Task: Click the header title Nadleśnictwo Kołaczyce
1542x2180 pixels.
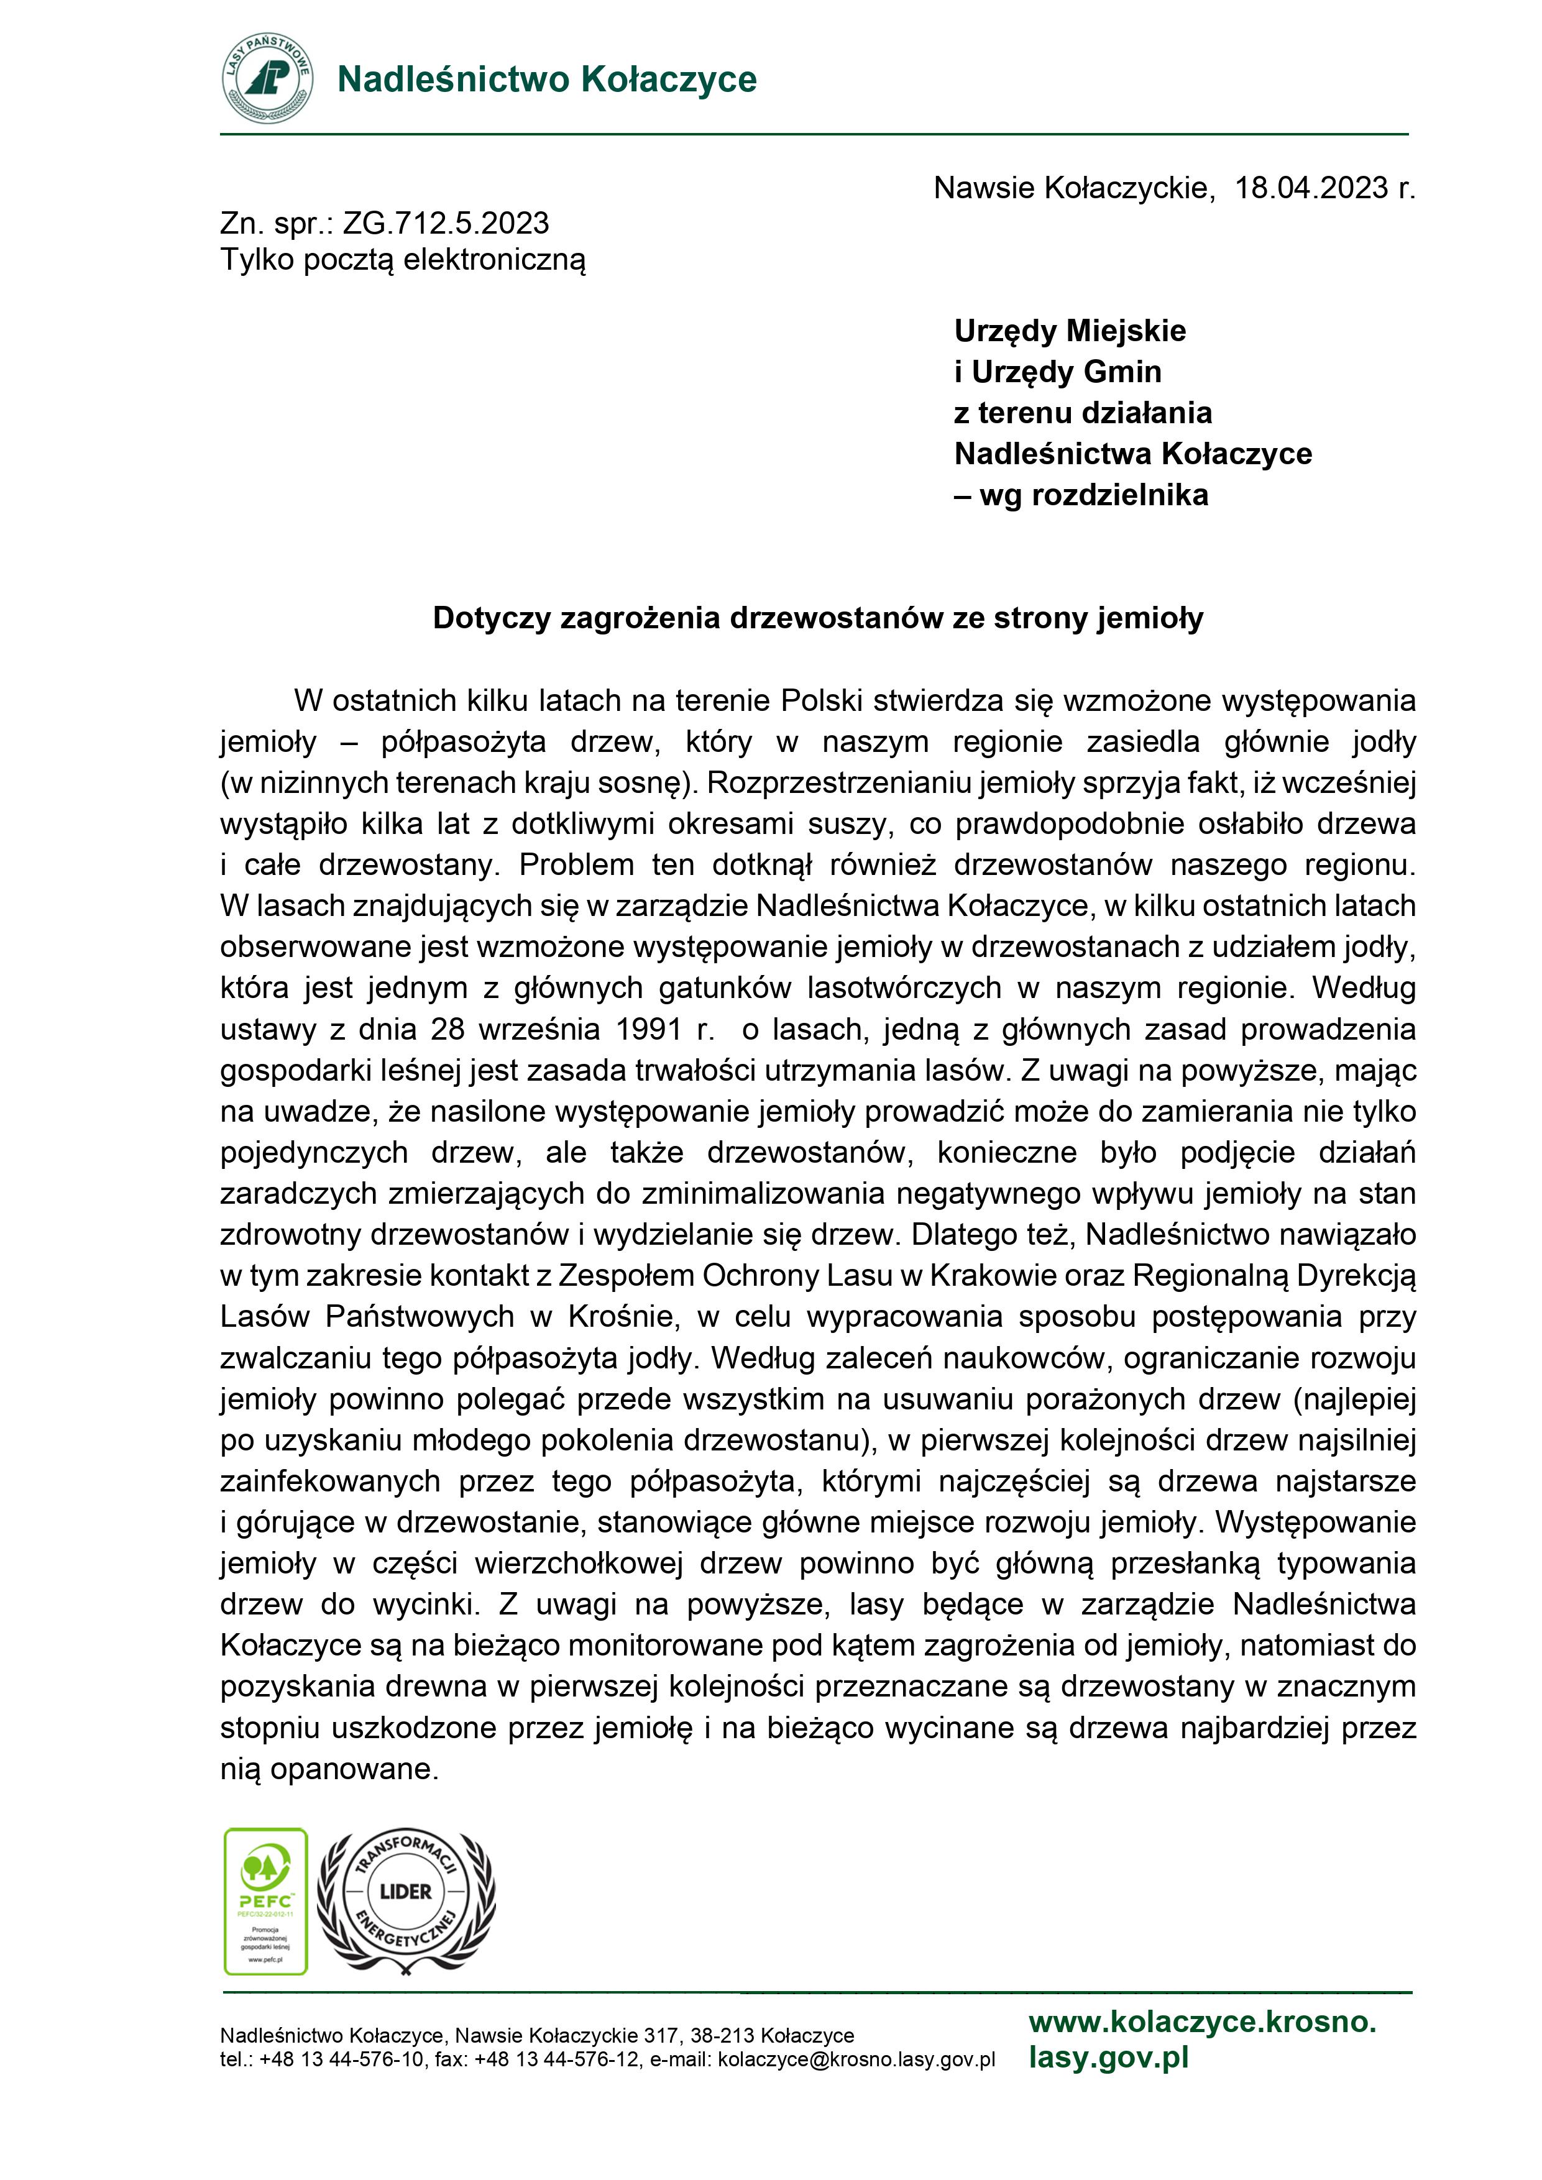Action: click(547, 80)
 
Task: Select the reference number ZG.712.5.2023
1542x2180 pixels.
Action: click(446, 223)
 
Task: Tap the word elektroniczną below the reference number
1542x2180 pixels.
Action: click(493, 259)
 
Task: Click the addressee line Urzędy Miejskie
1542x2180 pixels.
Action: click(1070, 331)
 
